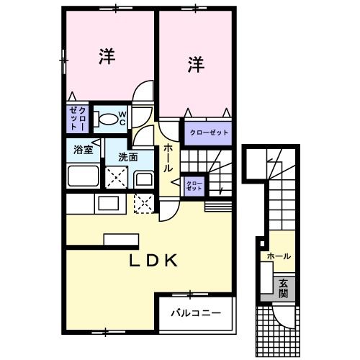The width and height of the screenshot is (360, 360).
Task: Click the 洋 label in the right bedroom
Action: pyautogui.click(x=197, y=64)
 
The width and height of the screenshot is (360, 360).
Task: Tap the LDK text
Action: pyautogui.click(x=153, y=262)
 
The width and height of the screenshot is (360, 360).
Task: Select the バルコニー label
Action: pyautogui.click(x=196, y=313)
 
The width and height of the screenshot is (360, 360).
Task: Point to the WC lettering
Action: pyautogui.click(x=122, y=119)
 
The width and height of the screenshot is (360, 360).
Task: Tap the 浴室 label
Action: pyautogui.click(x=83, y=150)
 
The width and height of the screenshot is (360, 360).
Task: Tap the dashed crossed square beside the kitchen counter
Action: pyautogui.click(x=143, y=204)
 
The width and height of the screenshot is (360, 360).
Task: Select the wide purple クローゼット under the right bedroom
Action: pyautogui.click(x=209, y=132)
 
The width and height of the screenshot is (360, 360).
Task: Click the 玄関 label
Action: pyautogui.click(x=284, y=288)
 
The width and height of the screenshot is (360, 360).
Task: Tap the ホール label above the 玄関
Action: pyautogui.click(x=279, y=256)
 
